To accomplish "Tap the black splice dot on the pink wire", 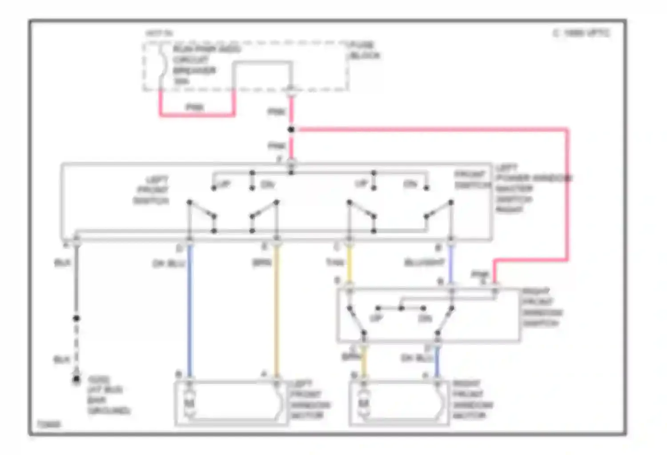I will pos(291,130).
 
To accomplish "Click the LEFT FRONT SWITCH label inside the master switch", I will pos(152,190).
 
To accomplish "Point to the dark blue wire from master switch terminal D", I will pos(190,311).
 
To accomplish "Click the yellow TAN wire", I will pos(350,264).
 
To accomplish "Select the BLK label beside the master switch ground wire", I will pos(62,263).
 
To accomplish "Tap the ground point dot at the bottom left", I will pos(76,379).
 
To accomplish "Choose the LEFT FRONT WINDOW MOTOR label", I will pos(310,399).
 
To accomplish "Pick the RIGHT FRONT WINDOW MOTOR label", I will pos(472,399).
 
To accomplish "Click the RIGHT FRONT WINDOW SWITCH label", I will pos(542,307).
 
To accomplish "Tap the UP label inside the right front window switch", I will pos(376,319).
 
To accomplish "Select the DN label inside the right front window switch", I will pos(425,319).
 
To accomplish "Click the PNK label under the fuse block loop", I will pos(194,107).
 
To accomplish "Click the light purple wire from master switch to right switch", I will pos(451,264).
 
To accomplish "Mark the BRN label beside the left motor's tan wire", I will pos(262,263).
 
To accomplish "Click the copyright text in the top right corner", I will pos(582,33).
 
